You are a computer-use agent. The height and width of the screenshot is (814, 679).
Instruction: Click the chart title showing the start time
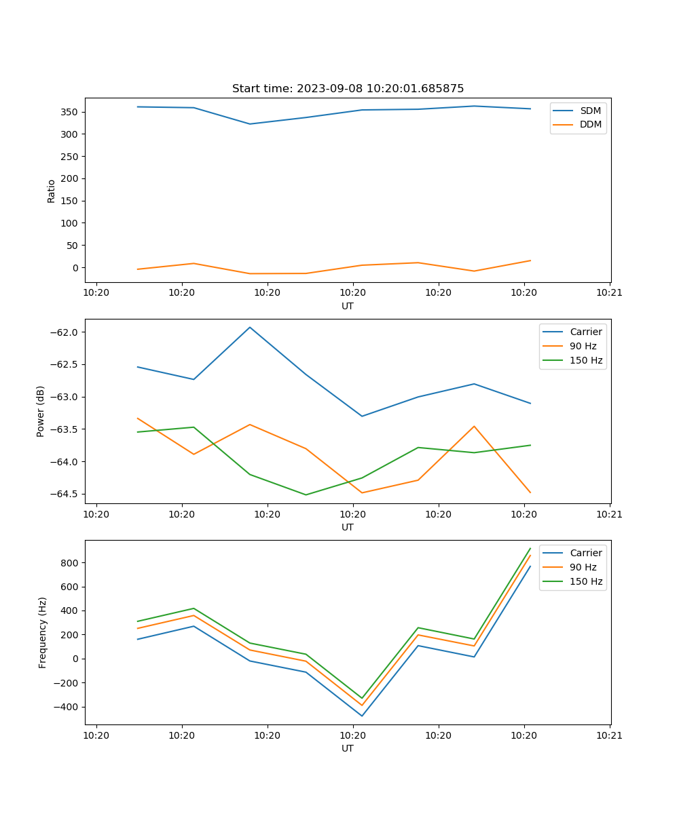[348, 89]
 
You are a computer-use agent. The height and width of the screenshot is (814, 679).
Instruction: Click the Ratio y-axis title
[52, 191]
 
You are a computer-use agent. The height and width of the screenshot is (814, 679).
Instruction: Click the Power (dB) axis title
[41, 411]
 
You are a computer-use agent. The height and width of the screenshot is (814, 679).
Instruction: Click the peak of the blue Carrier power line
[250, 327]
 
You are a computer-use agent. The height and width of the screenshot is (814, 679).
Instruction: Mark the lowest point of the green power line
[306, 495]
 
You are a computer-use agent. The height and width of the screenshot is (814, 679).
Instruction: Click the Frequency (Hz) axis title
[42, 632]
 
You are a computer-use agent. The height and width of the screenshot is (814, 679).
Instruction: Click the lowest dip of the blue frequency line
[362, 716]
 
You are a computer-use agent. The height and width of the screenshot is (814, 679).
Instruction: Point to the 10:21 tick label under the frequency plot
[610, 735]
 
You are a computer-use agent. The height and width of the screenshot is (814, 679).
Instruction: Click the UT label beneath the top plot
[348, 306]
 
